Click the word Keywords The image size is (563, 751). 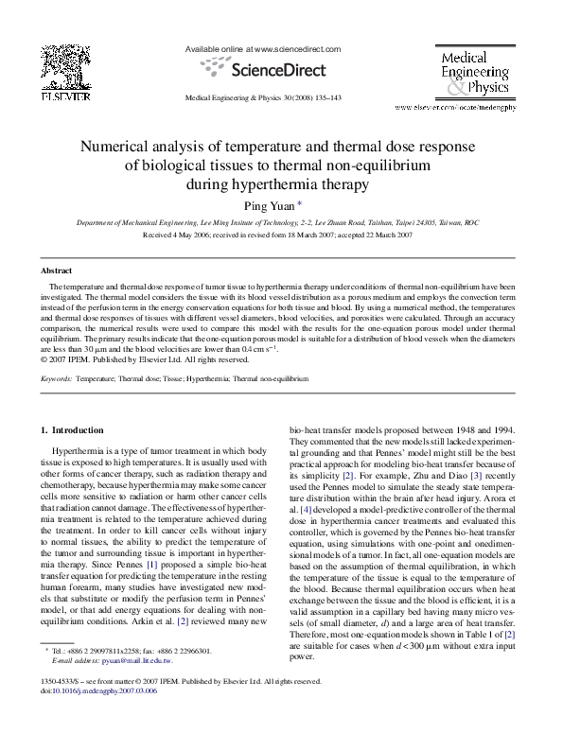click(x=55, y=378)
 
